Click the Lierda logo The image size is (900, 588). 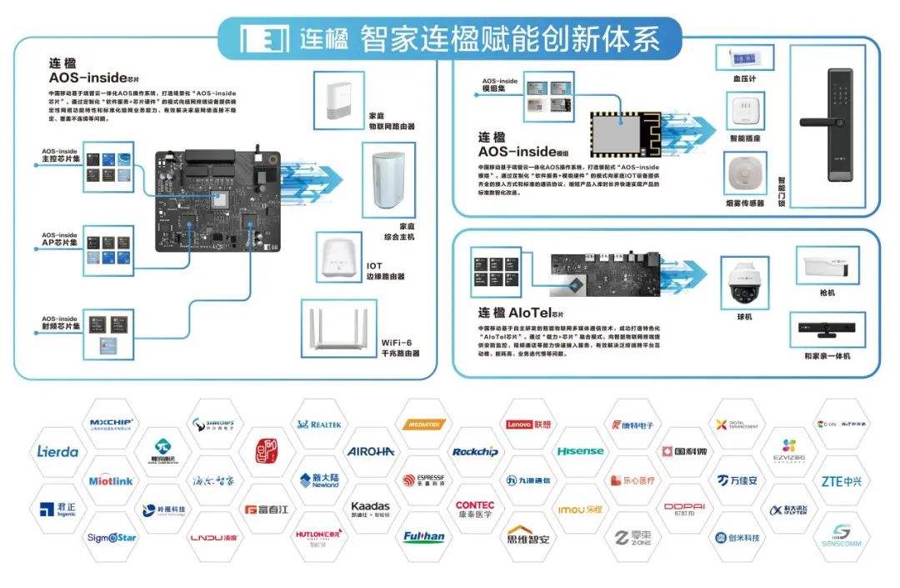[57, 452]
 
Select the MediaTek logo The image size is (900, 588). [424, 425]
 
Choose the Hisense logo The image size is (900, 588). [580, 451]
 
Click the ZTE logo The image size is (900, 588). [841, 481]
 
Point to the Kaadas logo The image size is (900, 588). [371, 508]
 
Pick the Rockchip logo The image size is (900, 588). [475, 452]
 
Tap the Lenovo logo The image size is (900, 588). [528, 425]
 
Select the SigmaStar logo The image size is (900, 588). [112, 537]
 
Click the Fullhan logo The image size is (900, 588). [423, 536]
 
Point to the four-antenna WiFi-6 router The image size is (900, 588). [337, 329]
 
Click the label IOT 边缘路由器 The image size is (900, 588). [385, 271]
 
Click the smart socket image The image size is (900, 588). [745, 109]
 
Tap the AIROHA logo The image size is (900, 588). [371, 451]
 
